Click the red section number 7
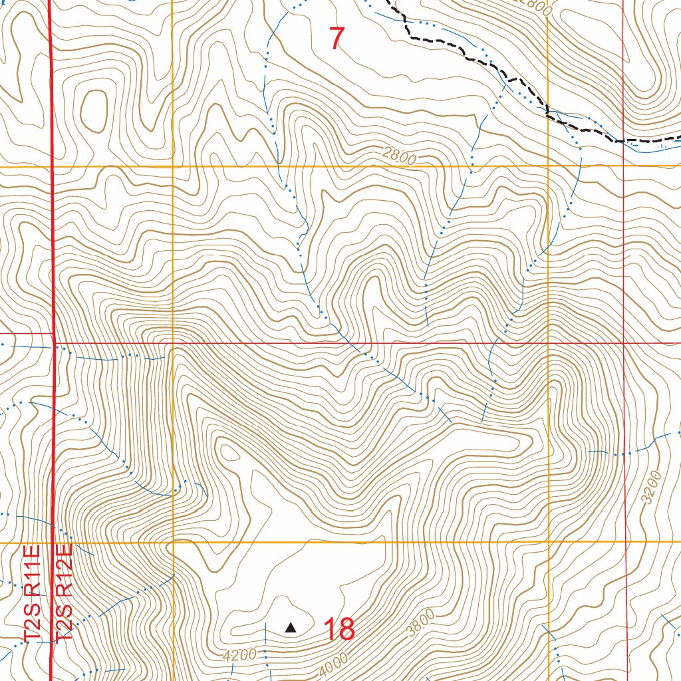[337, 38]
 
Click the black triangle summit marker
[291, 627]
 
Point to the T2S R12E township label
[64, 594]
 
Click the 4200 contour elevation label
[239, 655]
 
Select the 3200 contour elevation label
[654, 487]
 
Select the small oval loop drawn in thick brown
[93, 106]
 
